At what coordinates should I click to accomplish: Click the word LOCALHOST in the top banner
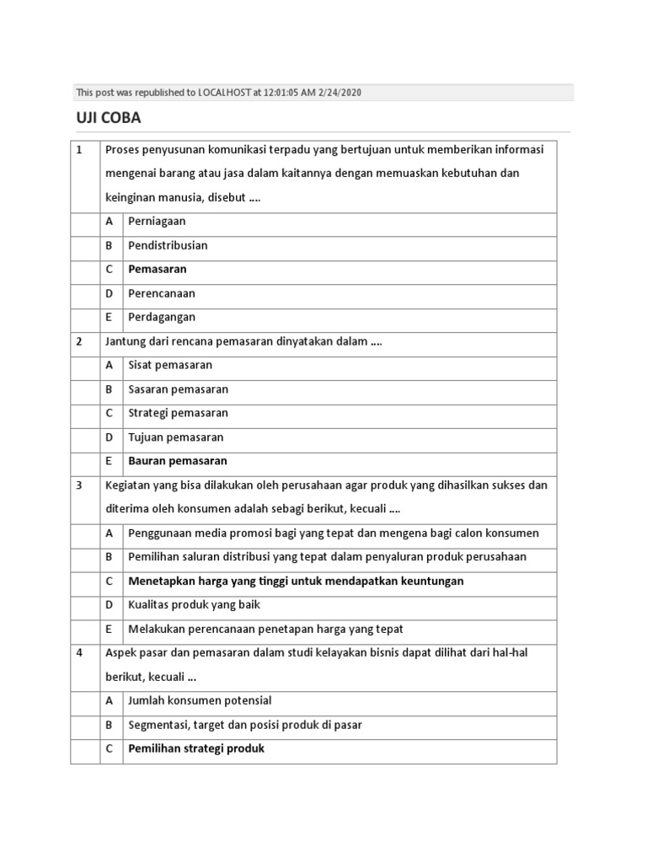(x=223, y=93)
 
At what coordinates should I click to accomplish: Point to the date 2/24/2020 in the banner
(x=340, y=93)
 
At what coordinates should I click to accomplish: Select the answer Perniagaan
(x=157, y=222)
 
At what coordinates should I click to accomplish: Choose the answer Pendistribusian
(x=168, y=245)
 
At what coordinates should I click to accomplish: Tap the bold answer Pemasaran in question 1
(x=158, y=270)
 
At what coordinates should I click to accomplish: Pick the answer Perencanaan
(x=162, y=293)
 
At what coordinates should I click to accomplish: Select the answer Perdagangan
(x=162, y=318)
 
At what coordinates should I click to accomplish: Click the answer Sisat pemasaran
(x=170, y=366)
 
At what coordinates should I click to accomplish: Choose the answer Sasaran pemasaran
(x=178, y=389)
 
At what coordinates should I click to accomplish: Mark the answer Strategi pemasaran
(x=178, y=414)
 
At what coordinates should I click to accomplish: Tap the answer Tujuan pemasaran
(x=175, y=437)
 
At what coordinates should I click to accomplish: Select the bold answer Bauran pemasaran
(x=178, y=461)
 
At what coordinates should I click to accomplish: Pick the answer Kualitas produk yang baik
(x=195, y=605)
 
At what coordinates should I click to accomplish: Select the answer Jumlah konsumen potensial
(x=200, y=700)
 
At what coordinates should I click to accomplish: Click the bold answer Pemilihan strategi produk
(x=196, y=748)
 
